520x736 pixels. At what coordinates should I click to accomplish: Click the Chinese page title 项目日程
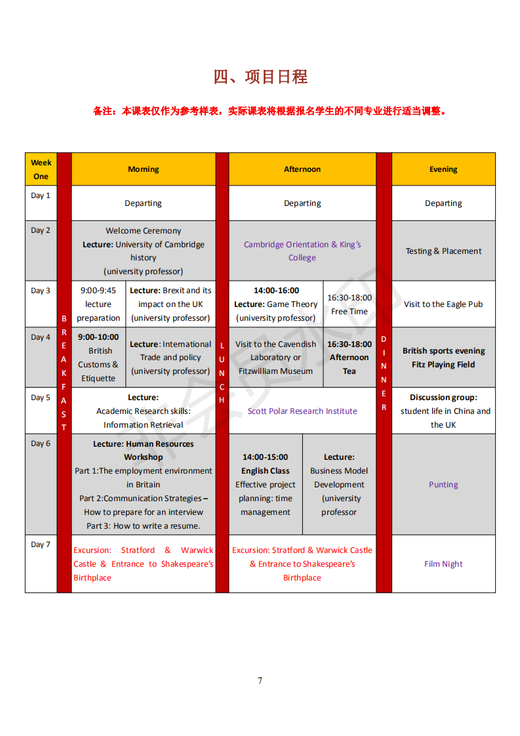(x=260, y=77)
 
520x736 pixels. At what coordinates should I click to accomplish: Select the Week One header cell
(x=41, y=169)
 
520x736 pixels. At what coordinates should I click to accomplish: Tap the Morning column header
(x=143, y=169)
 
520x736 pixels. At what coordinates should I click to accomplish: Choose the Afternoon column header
(x=302, y=169)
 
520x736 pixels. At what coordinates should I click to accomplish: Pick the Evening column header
(x=443, y=169)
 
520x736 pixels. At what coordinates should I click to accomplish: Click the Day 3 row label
(x=41, y=291)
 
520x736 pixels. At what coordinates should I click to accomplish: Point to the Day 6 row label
(x=41, y=443)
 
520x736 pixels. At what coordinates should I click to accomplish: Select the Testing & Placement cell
(x=443, y=251)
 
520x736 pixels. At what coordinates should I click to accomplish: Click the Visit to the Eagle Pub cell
(x=443, y=304)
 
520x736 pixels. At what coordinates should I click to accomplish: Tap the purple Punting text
(x=443, y=485)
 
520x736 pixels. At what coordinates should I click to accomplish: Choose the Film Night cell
(x=443, y=563)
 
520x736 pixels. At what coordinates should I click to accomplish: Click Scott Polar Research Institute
(x=302, y=411)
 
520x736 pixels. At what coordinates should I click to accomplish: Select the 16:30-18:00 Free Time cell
(x=350, y=304)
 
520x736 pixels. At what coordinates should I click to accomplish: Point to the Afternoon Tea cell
(x=350, y=358)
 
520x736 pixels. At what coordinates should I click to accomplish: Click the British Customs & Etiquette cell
(x=98, y=358)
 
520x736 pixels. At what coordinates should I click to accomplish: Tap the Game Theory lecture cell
(x=275, y=304)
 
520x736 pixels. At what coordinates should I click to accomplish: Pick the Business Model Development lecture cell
(x=339, y=485)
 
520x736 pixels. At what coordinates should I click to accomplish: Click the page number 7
(x=260, y=680)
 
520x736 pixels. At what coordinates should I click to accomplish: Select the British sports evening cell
(x=443, y=358)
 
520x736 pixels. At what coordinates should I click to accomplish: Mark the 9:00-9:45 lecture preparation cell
(x=98, y=304)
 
